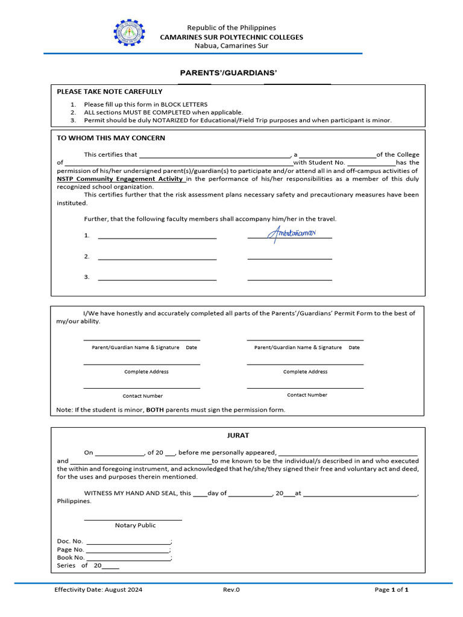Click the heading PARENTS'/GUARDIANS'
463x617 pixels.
click(x=228, y=73)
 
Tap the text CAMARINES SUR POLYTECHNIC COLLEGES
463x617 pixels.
click(x=231, y=37)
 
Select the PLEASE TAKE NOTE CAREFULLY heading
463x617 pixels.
click(x=109, y=92)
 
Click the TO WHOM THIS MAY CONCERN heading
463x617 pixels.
click(x=110, y=138)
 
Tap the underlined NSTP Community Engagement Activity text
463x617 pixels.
click(x=121, y=179)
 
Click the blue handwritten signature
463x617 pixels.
click(x=291, y=232)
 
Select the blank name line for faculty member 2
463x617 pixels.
click(x=157, y=258)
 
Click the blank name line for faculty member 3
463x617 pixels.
click(x=157, y=280)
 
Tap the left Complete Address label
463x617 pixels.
click(x=146, y=372)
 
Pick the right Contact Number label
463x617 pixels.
click(x=307, y=395)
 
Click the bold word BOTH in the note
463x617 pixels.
click(x=155, y=410)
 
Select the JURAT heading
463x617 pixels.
click(x=238, y=435)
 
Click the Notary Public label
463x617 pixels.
click(x=135, y=525)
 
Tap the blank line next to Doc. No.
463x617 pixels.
click(x=128, y=542)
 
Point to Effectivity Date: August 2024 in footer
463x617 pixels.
click(x=98, y=590)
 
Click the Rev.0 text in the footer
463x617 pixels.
click(x=231, y=590)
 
